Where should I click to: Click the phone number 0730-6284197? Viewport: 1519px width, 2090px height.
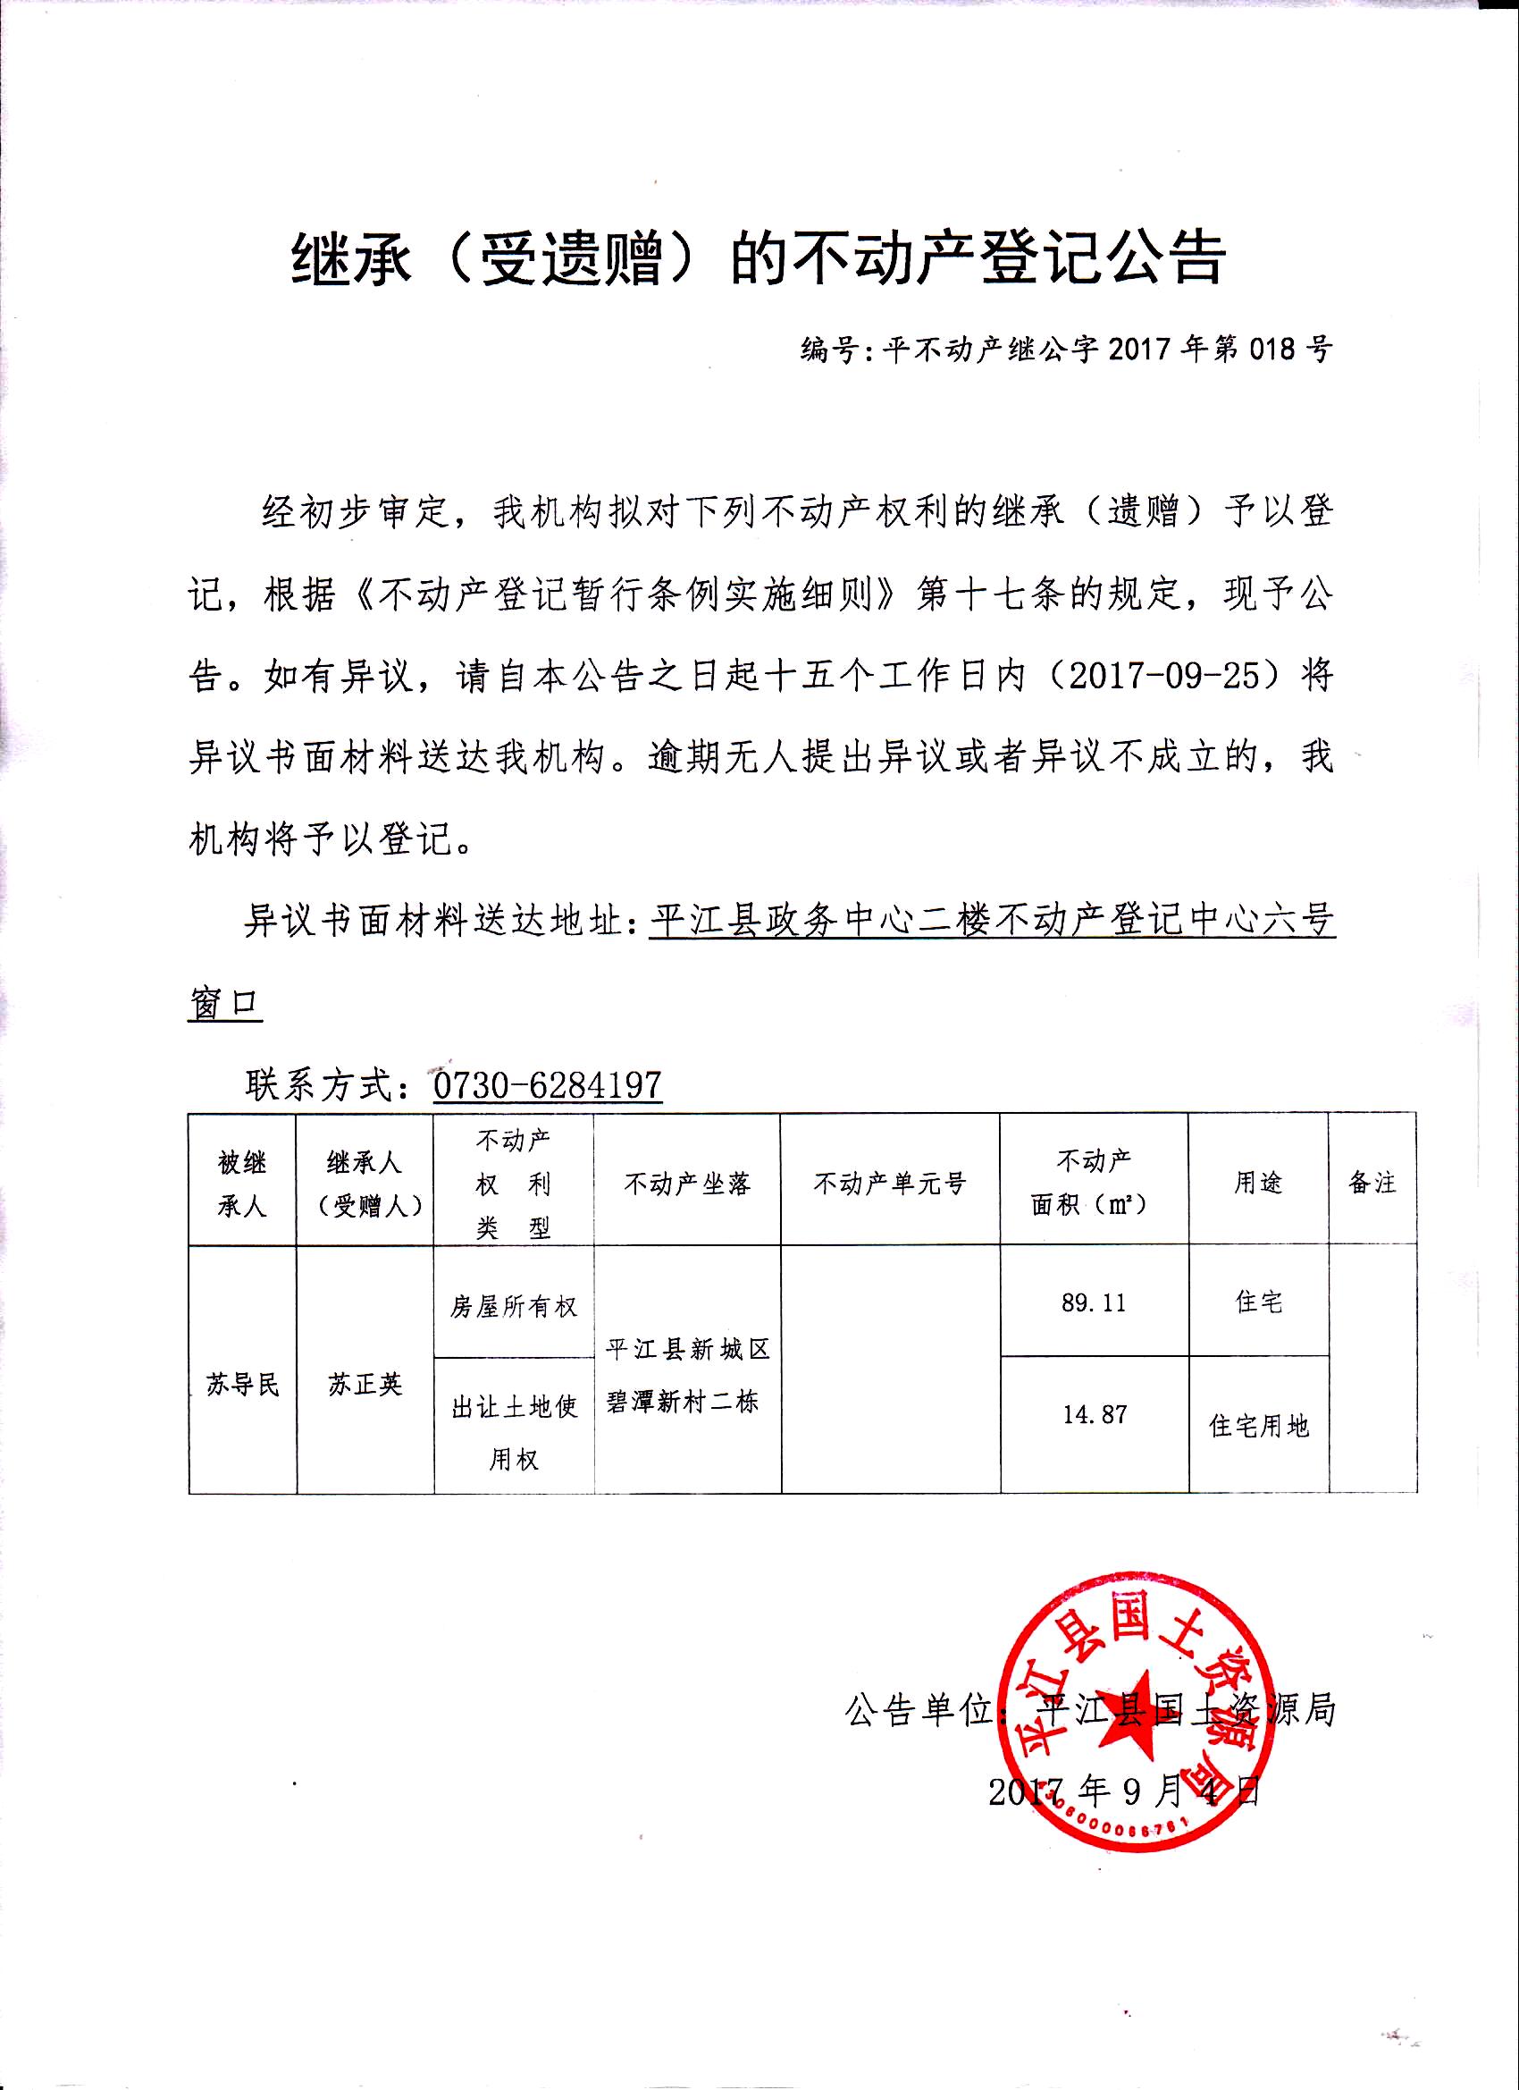pyautogui.click(x=547, y=1084)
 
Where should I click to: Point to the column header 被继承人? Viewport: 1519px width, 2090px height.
pyautogui.click(x=242, y=1184)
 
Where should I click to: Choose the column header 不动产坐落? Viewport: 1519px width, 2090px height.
pyautogui.click(x=687, y=1184)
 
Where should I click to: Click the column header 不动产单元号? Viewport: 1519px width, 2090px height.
pyautogui.click(x=890, y=1184)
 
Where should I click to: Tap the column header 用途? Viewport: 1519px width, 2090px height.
pyautogui.click(x=1258, y=1184)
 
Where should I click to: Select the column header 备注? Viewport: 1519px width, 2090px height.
pyautogui.click(x=1372, y=1184)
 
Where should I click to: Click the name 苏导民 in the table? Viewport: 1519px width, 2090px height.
pyautogui.click(x=242, y=1385)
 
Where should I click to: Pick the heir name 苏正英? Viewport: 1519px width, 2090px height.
pyautogui.click(x=365, y=1385)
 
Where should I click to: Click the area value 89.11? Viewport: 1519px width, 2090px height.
pyautogui.click(x=1094, y=1304)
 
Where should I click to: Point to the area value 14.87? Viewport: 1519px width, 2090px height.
pyautogui.click(x=1095, y=1414)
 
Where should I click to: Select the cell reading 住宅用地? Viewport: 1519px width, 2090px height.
pyautogui.click(x=1258, y=1427)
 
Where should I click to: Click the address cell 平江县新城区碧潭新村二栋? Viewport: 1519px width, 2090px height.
pyautogui.click(x=687, y=1378)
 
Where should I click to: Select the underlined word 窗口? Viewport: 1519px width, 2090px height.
pyautogui.click(x=226, y=1005)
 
